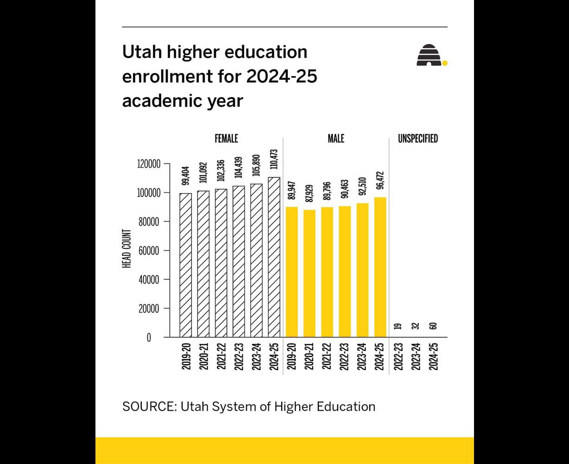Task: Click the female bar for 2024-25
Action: [x=274, y=257]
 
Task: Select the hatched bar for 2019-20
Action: [x=186, y=265]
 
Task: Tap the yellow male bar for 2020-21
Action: [x=310, y=273]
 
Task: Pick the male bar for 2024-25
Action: [x=380, y=267]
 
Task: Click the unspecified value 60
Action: [x=433, y=326]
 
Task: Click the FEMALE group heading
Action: [x=226, y=139]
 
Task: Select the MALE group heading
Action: [x=336, y=139]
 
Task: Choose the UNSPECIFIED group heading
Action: [x=417, y=139]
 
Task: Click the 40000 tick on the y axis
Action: [x=150, y=280]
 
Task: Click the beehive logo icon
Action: [x=429, y=55]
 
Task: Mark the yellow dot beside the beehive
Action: [x=445, y=63]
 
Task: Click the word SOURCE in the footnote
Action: [x=148, y=407]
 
